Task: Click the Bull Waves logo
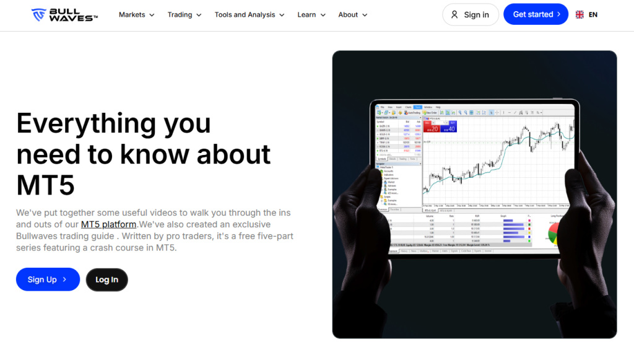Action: (x=64, y=14)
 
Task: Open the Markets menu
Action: (x=136, y=15)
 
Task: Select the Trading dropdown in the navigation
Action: (x=185, y=15)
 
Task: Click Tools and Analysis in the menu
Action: (x=250, y=15)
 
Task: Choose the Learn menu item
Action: (x=311, y=15)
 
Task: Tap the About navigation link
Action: (x=353, y=15)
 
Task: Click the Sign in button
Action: (x=471, y=14)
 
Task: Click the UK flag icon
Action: (x=580, y=14)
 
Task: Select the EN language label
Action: (x=593, y=14)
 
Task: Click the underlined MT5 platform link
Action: (x=108, y=224)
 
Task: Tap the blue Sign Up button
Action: (x=48, y=279)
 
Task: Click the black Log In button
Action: (x=106, y=279)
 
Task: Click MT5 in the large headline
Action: (x=45, y=185)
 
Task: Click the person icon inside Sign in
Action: (x=454, y=14)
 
